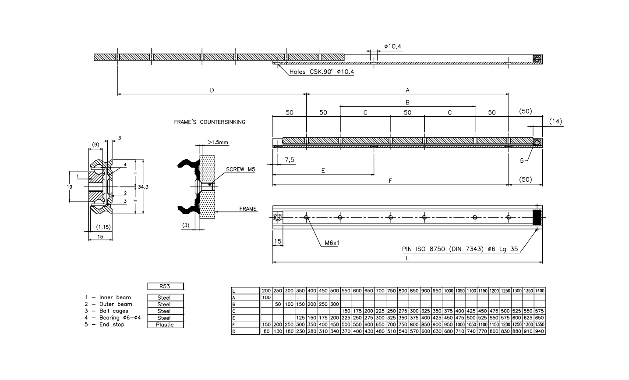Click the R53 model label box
(x=165, y=287)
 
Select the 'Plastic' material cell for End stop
(x=165, y=325)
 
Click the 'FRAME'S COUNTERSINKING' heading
(x=210, y=122)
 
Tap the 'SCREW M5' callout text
(x=240, y=169)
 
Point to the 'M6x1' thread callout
(x=332, y=243)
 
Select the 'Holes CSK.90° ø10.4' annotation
(x=322, y=72)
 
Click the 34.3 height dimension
(x=143, y=187)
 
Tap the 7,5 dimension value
(x=290, y=160)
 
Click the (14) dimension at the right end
(x=555, y=122)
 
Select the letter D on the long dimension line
(x=212, y=90)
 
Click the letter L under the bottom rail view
(x=407, y=258)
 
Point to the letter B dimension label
(x=407, y=102)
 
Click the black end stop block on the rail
(x=537, y=217)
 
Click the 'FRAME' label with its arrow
(x=247, y=209)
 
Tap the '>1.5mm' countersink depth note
(x=218, y=143)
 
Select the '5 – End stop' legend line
(x=105, y=325)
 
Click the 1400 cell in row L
(x=540, y=291)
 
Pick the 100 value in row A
(x=266, y=298)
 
